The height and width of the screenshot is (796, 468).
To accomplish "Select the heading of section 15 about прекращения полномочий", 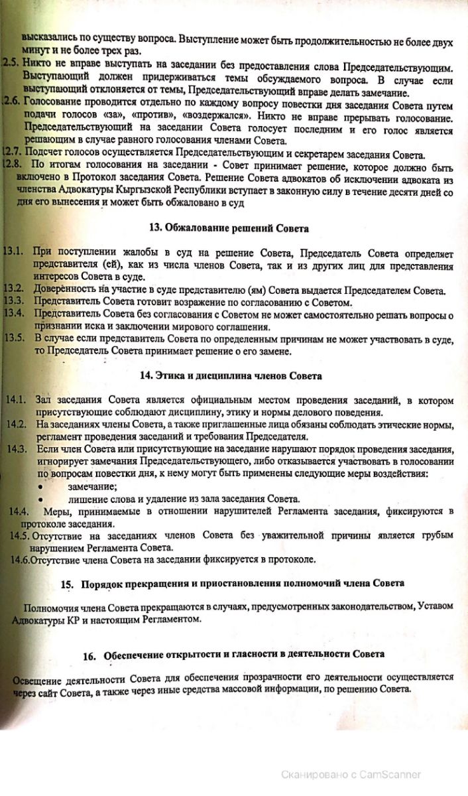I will (241, 583).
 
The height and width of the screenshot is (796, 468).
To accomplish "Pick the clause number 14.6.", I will (21, 559).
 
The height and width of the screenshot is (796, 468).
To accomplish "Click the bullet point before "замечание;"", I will (41, 486).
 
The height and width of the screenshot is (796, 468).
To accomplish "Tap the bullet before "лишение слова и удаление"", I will (41, 499).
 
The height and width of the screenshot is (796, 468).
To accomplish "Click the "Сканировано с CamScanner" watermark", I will (351, 773).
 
